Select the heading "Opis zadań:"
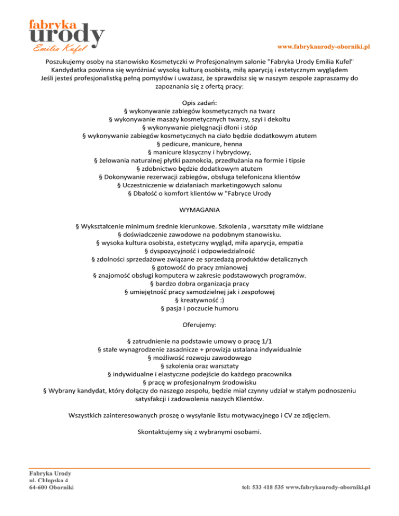(199, 103)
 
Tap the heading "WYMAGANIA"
(199, 211)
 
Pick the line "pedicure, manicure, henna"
(199, 143)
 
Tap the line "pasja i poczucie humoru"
(199, 309)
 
